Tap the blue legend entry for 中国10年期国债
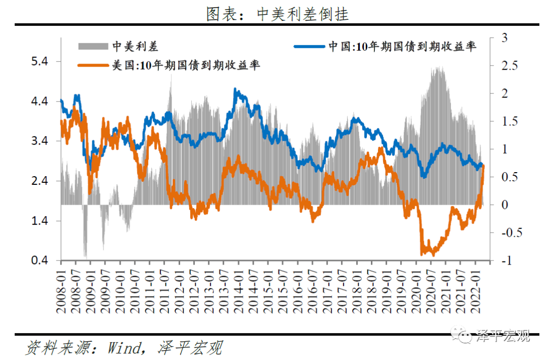(x=386, y=47)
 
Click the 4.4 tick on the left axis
(x=39, y=102)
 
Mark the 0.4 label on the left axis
(x=39, y=260)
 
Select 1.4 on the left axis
(x=39, y=221)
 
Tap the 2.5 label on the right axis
(x=508, y=66)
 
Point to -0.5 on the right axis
(x=508, y=233)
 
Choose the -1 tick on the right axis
(x=505, y=261)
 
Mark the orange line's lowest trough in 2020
(x=432, y=255)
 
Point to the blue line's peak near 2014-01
(x=236, y=89)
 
